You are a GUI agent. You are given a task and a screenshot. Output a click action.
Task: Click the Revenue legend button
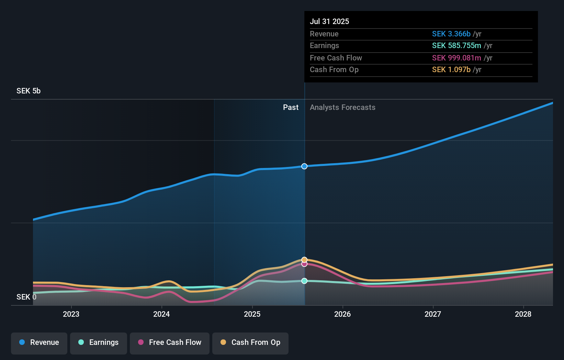click(39, 342)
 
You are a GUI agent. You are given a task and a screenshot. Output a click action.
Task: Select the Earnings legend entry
click(99, 342)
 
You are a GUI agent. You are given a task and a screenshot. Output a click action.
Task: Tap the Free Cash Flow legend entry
click(170, 342)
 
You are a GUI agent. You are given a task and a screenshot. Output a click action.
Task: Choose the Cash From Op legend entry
click(250, 342)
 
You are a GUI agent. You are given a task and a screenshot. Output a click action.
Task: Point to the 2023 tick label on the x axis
click(71, 314)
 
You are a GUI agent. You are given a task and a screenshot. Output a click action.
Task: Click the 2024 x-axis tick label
click(161, 314)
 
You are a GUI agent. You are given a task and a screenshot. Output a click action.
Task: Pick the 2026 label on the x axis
click(342, 314)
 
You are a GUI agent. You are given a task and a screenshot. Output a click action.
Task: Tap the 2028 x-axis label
click(523, 314)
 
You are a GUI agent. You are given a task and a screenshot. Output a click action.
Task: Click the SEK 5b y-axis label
click(29, 91)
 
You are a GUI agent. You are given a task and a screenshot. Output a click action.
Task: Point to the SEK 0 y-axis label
click(26, 297)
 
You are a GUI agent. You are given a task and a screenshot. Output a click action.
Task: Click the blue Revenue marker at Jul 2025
click(304, 166)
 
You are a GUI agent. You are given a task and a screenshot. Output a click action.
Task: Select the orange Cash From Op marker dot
click(304, 260)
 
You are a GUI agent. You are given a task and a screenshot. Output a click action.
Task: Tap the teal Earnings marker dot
click(304, 281)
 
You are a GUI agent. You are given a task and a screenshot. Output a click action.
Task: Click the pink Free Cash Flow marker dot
click(304, 264)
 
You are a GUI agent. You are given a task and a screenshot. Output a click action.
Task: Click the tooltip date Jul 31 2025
click(329, 21)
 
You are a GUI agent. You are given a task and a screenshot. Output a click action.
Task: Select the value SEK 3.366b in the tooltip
click(451, 34)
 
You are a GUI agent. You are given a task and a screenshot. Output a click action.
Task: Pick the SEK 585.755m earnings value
click(456, 46)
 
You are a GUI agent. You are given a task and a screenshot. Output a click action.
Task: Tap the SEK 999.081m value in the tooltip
click(456, 58)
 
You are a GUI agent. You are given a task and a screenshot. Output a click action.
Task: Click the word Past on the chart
click(291, 108)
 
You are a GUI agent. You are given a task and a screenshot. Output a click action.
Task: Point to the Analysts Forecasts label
click(342, 108)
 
